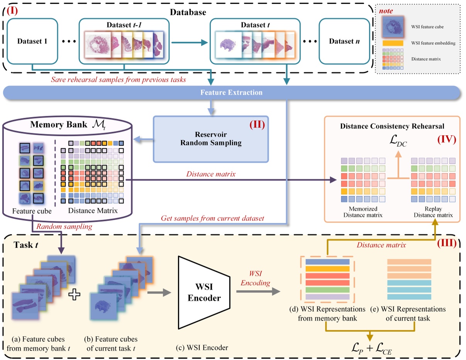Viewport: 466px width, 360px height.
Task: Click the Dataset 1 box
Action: pyautogui.click(x=32, y=41)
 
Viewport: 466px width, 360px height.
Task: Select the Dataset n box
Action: pyautogui.click(x=342, y=41)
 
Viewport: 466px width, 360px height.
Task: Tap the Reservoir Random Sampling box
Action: pyautogui.click(x=211, y=139)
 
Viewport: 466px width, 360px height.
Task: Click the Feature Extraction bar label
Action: pyautogui.click(x=231, y=93)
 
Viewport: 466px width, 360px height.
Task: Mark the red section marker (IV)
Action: pyautogui.click(x=446, y=139)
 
